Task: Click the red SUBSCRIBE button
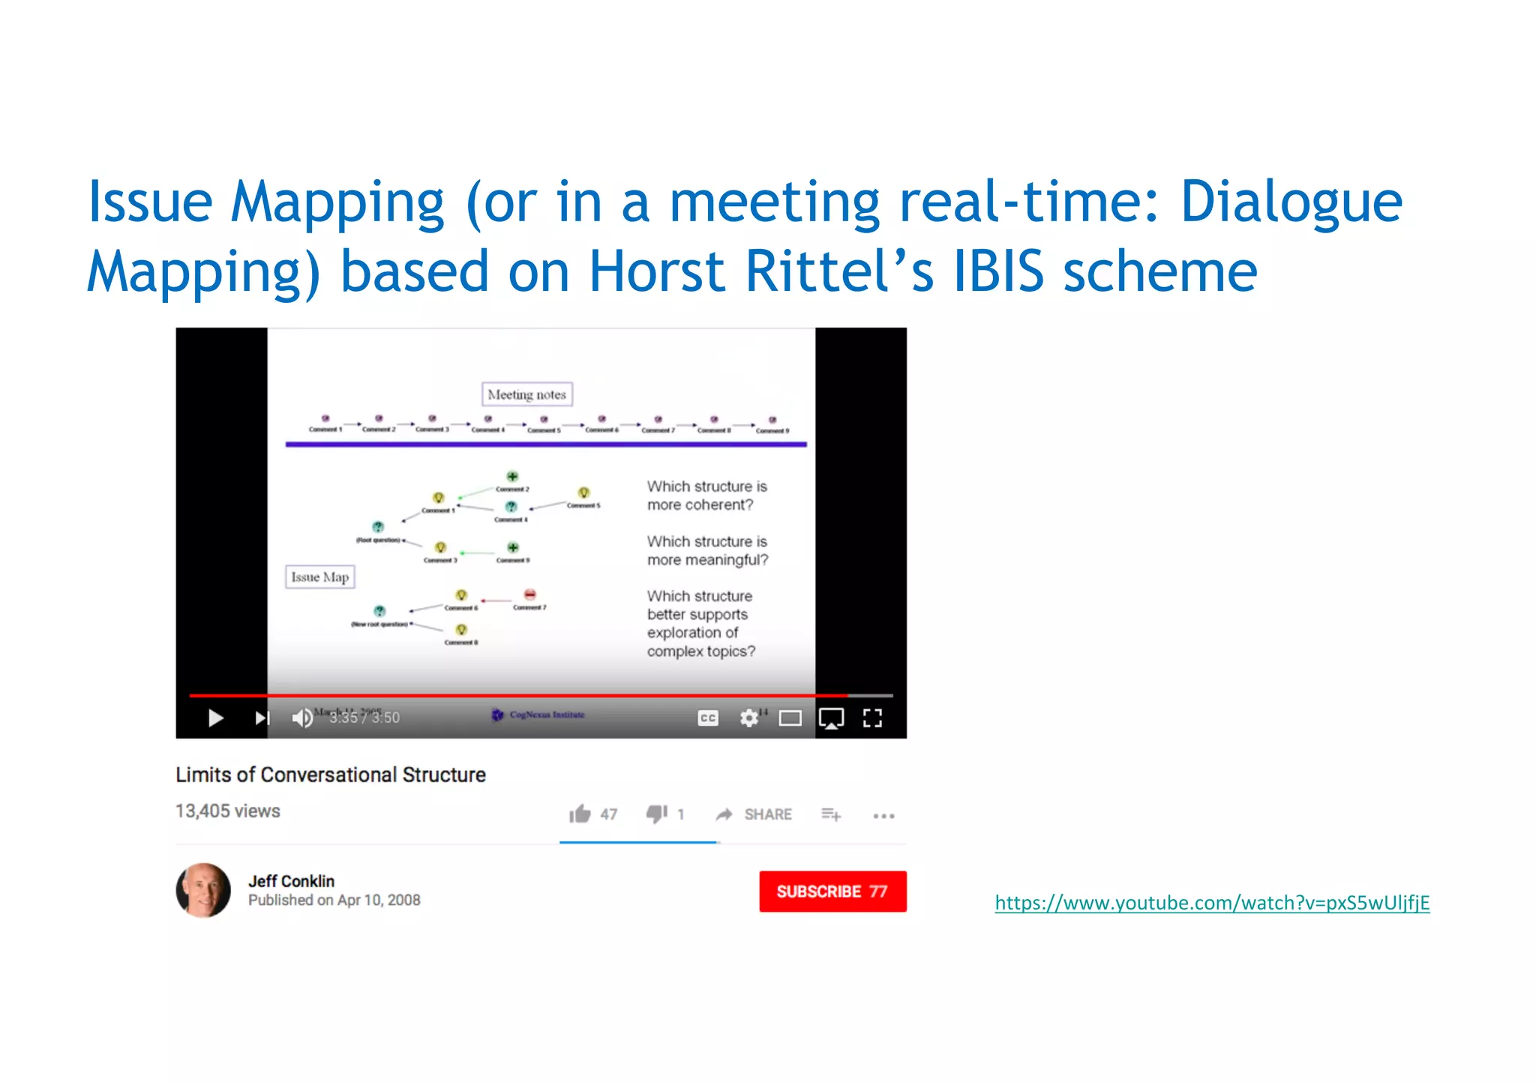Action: coord(832,891)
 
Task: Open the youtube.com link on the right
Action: coord(1212,902)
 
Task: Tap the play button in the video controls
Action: coord(215,718)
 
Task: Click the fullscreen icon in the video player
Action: coord(872,718)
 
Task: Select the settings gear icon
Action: coord(748,718)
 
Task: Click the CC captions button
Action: coord(708,718)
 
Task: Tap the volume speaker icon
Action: coord(302,718)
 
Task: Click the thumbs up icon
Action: coord(580,814)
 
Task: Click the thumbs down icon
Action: coord(657,814)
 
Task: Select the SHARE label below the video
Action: coord(767,814)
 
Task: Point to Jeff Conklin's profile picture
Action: coord(203,890)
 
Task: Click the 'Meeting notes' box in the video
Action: coord(526,394)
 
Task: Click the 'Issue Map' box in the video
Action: coord(320,577)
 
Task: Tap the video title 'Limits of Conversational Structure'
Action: coord(331,775)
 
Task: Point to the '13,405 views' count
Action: coord(228,811)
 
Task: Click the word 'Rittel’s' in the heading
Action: coord(839,271)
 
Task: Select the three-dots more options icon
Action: coord(883,816)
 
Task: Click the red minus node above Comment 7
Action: coord(530,595)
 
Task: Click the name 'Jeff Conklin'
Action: coord(292,881)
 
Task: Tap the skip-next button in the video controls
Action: coord(262,718)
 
